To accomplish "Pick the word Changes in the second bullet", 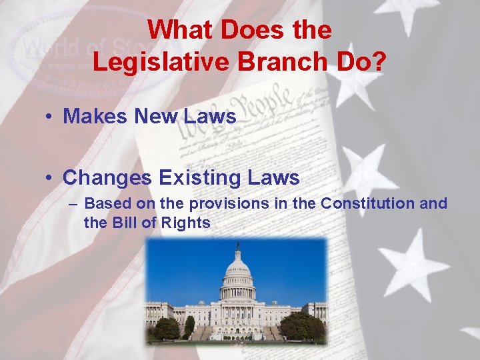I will point(107,178).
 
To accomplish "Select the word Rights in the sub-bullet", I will point(186,223).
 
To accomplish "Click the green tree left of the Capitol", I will point(167,327).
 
